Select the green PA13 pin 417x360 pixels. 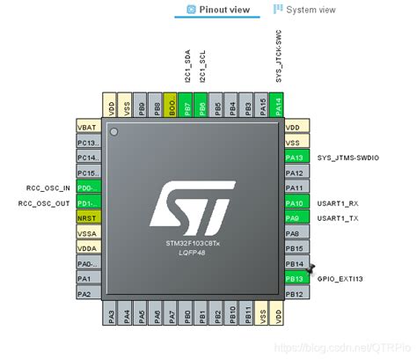[x=294, y=157]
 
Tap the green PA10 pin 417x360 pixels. [x=294, y=202]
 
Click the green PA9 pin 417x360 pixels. [x=294, y=217]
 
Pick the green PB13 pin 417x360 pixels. [x=294, y=278]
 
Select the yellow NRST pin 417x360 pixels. [x=89, y=217]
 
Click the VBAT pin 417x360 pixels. [x=89, y=126]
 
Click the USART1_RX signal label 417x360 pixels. [x=339, y=202]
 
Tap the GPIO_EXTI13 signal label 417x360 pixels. [x=340, y=278]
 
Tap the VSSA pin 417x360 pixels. [x=89, y=232]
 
